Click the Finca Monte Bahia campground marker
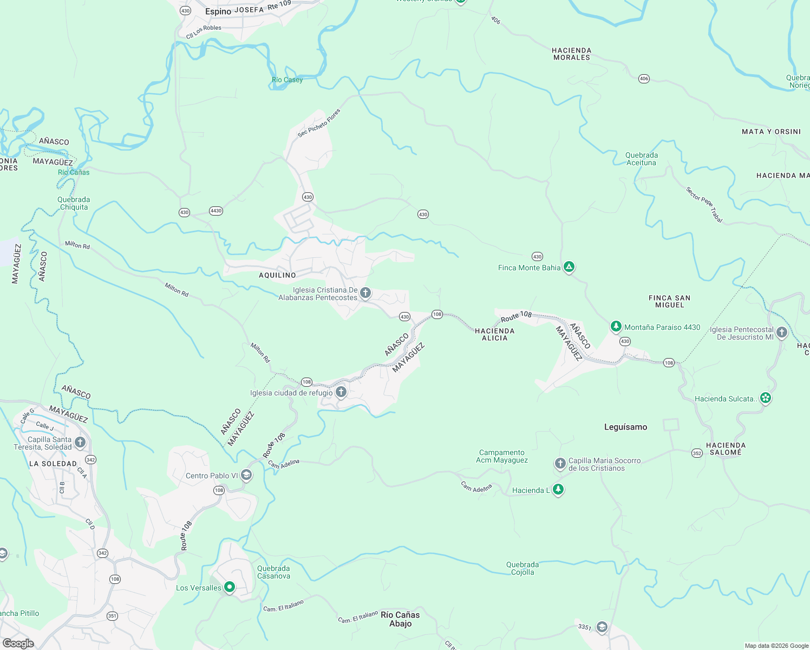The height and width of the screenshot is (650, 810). tap(569, 266)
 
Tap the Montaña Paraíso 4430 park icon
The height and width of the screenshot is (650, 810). tap(616, 326)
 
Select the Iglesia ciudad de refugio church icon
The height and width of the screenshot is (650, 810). tap(341, 392)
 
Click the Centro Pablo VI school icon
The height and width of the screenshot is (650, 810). tap(246, 475)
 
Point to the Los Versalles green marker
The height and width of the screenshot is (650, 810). tap(230, 587)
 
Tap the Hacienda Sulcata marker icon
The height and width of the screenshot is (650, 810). tap(765, 398)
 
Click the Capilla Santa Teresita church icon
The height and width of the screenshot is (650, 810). tap(80, 442)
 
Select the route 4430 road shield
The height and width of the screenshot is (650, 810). tap(216, 211)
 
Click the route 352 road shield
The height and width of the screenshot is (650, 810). tap(697, 453)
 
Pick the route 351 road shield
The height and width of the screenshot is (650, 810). tap(112, 615)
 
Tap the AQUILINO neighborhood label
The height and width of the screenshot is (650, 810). tap(277, 275)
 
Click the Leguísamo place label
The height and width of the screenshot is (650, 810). tap(625, 427)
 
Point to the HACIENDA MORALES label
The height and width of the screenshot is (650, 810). tap(571, 54)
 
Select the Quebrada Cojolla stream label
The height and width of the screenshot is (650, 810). tap(522, 568)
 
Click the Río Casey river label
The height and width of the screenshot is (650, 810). tap(287, 80)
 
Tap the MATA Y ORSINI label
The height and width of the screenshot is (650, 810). tap(771, 132)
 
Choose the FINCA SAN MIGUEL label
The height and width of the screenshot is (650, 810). tap(669, 301)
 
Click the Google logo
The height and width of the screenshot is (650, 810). tap(18, 643)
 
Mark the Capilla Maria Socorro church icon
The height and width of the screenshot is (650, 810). tap(560, 463)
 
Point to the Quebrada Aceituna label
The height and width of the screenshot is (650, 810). tap(641, 159)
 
